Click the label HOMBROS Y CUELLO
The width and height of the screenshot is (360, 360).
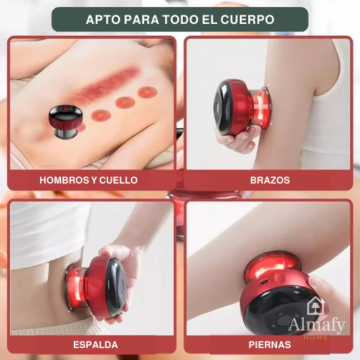coord(89,180)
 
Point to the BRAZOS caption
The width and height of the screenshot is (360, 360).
coord(270,180)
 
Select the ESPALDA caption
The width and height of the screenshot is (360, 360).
coord(96,345)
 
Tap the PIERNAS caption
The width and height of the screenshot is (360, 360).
coord(269,345)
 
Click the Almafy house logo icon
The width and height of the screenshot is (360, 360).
coord(316,305)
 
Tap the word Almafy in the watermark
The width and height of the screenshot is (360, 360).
coord(317,325)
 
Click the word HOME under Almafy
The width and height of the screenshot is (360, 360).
coord(316,337)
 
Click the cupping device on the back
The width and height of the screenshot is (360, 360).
coord(65,122)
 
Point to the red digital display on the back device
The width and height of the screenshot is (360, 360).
coord(66,109)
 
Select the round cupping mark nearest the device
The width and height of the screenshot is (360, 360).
coord(101,115)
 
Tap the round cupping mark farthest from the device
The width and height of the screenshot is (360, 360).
coord(147,92)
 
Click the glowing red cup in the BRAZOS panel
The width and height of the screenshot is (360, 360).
coord(261,108)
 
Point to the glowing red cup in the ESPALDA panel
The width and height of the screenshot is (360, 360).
coord(75,288)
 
